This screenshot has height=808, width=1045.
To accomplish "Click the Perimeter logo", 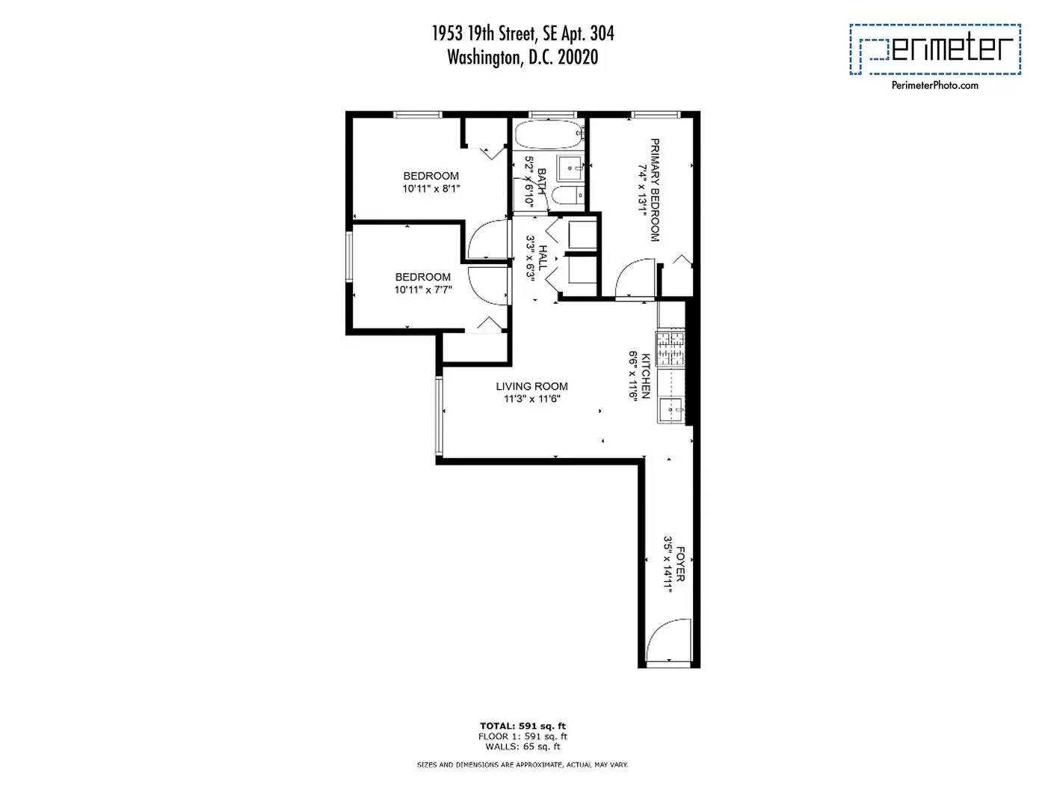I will (934, 49).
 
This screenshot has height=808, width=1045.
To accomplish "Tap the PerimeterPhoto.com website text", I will (934, 85).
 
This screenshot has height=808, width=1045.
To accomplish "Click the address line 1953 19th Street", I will (522, 34).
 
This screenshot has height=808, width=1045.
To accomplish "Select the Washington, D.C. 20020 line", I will (522, 57).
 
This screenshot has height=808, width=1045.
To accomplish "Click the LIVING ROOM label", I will (531, 386).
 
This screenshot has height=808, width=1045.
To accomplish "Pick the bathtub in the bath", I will (547, 136).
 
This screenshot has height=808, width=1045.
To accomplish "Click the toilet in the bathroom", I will (567, 197).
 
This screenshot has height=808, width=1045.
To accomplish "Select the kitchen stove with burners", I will (671, 348).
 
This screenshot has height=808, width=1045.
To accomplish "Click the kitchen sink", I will (671, 410).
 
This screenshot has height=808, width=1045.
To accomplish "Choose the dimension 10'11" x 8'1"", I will (431, 189).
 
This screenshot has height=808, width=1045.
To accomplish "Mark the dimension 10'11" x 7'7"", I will (423, 290).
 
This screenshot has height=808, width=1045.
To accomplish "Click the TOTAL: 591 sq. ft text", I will (522, 726).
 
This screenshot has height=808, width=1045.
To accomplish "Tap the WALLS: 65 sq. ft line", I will (522, 747).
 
